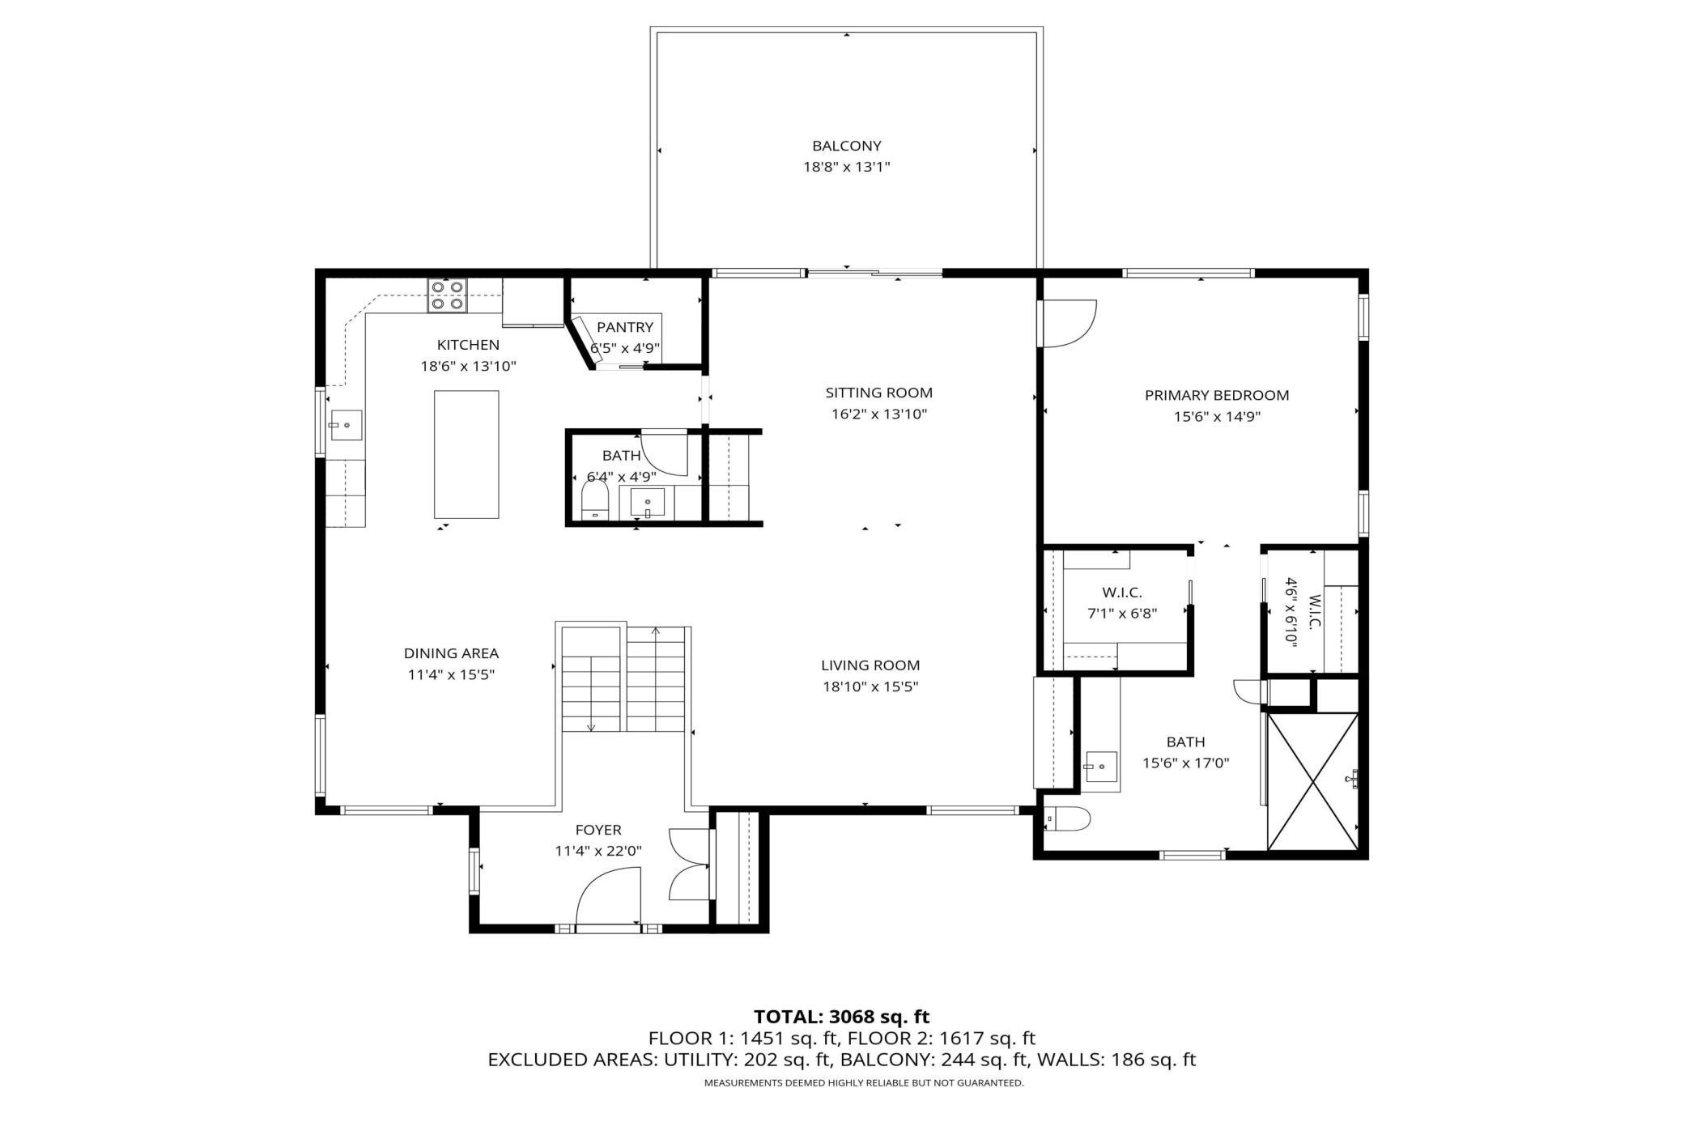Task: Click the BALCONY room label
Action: click(846, 146)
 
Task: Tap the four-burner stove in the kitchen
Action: click(448, 295)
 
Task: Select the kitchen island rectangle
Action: click(466, 454)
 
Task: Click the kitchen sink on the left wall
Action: click(346, 425)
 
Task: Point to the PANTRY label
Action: click(624, 327)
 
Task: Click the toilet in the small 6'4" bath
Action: click(595, 500)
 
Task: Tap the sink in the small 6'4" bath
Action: click(647, 503)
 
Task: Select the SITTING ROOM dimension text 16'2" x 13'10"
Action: click(878, 414)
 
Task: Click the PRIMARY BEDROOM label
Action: click(1217, 395)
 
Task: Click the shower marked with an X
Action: click(1312, 781)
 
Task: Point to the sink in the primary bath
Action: click(1101, 767)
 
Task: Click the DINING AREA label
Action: click(451, 653)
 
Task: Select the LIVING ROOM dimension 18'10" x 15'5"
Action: click(870, 686)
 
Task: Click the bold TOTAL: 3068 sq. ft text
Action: click(842, 1017)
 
